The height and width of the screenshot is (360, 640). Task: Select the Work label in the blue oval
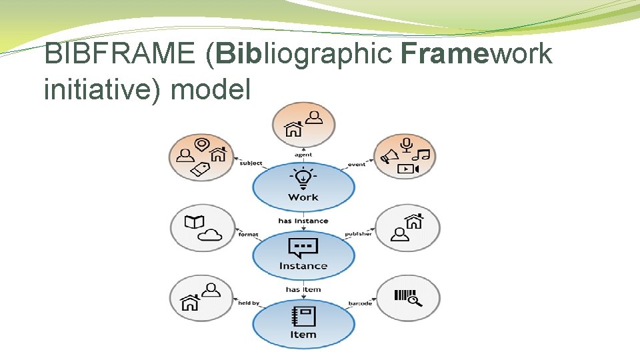[303, 197]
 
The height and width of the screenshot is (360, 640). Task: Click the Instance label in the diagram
[303, 266]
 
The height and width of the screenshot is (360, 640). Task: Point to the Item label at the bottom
[303, 334]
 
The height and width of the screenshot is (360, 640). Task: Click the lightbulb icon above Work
[303, 178]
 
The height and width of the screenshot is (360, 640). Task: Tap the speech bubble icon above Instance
[303, 247]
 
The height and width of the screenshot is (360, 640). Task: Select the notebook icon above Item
[303, 316]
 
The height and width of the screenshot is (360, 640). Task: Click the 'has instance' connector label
[303, 221]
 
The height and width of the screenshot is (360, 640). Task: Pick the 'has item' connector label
[303, 289]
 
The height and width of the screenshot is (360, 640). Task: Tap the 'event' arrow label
[357, 164]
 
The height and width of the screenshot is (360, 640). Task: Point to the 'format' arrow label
[249, 235]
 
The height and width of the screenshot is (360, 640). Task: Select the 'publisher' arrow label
[359, 235]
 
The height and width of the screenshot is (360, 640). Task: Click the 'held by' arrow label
[249, 303]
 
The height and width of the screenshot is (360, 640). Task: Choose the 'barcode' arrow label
[360, 304]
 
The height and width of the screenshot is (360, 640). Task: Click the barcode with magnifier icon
[408, 297]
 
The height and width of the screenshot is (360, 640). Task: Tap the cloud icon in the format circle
[209, 234]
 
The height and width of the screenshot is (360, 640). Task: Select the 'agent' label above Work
[303, 155]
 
